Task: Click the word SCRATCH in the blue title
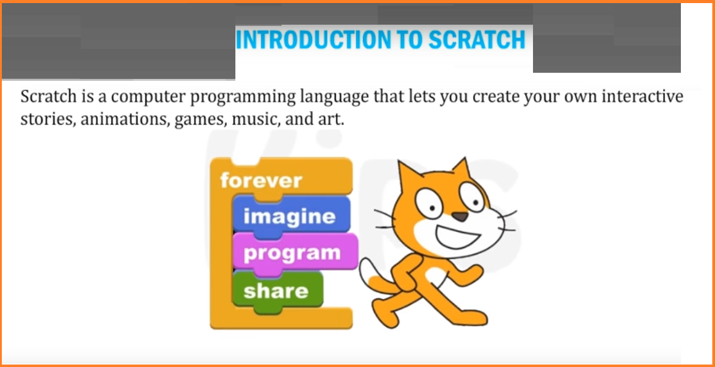click(x=477, y=40)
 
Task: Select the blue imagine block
click(x=291, y=216)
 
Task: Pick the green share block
click(x=277, y=291)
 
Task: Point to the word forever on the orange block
click(x=261, y=181)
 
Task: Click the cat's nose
click(x=460, y=216)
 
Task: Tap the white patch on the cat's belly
click(x=436, y=277)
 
